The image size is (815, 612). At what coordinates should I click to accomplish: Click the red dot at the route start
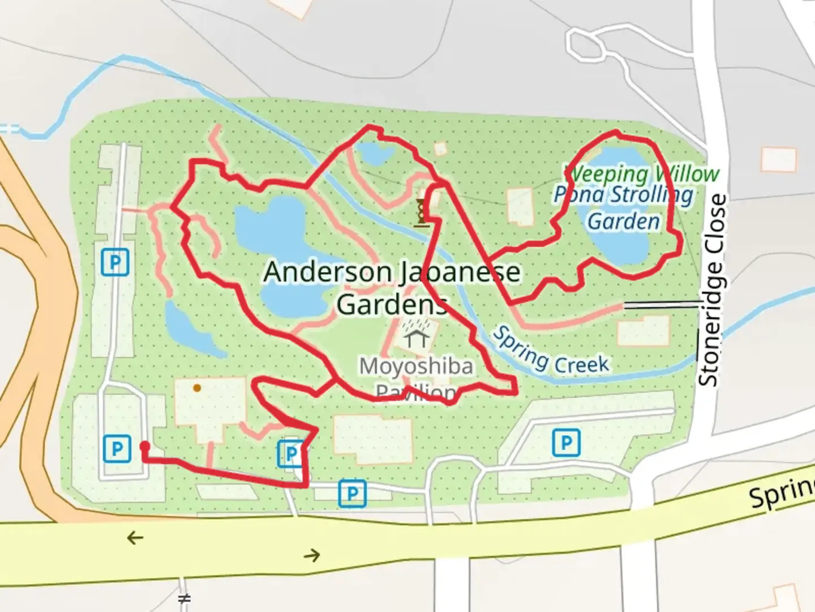click(144, 446)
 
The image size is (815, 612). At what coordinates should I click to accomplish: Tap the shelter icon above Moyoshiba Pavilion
click(418, 335)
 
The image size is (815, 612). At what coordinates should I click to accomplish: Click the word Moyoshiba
click(416, 366)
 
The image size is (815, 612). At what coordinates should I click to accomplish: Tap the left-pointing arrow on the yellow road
click(135, 537)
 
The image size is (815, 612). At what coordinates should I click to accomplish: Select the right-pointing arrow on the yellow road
click(312, 555)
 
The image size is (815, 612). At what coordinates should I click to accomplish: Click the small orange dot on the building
click(196, 388)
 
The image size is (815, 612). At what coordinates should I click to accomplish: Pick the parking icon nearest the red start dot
click(117, 449)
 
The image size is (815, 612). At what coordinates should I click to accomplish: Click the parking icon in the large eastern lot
click(566, 442)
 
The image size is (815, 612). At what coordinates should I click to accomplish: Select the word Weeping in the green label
click(606, 175)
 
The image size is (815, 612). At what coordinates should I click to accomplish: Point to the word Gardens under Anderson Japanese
click(392, 304)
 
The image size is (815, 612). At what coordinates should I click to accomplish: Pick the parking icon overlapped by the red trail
click(291, 454)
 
